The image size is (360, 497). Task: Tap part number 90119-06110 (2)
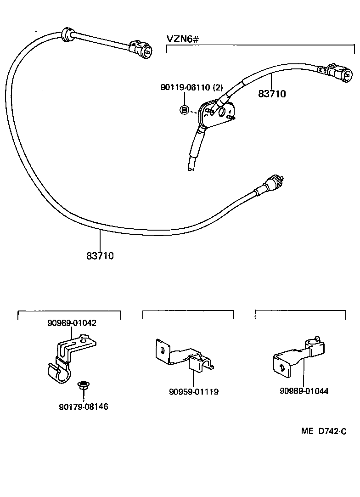[x=185, y=87]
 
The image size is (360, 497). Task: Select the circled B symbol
[x=184, y=110]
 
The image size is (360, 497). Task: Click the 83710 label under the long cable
[x=100, y=255]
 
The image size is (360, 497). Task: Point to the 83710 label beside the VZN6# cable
[x=272, y=94]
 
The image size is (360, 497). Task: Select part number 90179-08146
[x=84, y=407]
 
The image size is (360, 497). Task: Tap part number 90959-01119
[x=193, y=392]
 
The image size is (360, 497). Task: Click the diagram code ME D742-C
[x=323, y=431]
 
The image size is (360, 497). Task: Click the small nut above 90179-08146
[x=83, y=387]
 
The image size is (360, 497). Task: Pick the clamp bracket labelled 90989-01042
[x=69, y=358]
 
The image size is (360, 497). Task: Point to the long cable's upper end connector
[x=141, y=50]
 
